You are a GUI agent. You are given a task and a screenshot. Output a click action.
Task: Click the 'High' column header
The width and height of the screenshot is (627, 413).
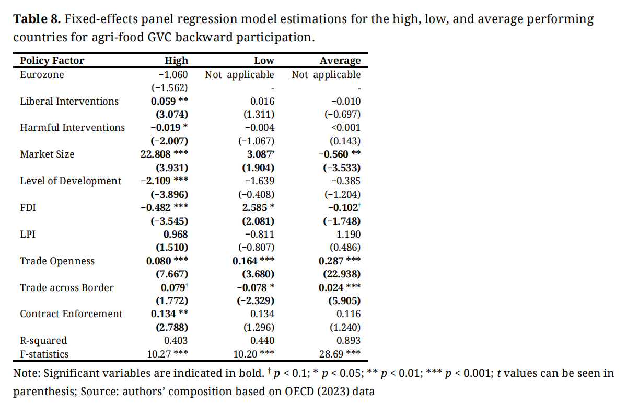[x=176, y=61]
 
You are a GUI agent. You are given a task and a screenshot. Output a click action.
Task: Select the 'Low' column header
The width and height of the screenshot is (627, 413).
[x=263, y=61]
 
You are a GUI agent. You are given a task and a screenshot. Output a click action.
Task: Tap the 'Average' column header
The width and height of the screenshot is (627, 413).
[x=340, y=61]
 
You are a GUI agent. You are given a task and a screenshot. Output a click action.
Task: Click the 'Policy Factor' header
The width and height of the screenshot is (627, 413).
[x=52, y=61]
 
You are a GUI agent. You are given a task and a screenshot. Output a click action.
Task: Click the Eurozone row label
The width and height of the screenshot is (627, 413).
[x=42, y=75]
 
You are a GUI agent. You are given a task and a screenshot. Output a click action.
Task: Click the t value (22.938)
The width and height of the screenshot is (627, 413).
[x=339, y=274]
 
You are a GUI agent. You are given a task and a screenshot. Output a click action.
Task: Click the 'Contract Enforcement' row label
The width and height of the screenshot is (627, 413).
[x=71, y=314]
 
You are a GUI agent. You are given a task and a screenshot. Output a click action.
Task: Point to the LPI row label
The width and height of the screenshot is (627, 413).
[x=27, y=234]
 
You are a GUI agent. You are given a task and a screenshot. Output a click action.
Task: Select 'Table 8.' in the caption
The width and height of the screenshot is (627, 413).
[x=38, y=20]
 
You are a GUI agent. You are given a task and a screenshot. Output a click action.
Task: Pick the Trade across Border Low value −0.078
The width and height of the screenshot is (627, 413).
[x=250, y=287]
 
